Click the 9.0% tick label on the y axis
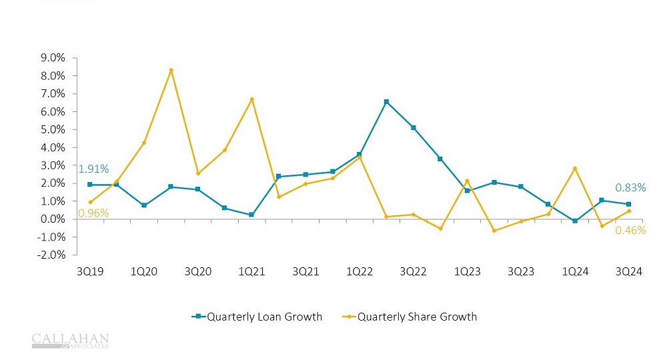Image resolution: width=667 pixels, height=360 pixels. pos(52,58)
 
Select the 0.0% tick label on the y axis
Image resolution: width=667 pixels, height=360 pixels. pos(52,219)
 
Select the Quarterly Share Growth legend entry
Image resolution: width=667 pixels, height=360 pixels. pos(417,317)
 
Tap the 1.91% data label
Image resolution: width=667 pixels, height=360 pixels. pos(93,169)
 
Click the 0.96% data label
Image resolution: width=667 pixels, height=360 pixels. pos(93,213)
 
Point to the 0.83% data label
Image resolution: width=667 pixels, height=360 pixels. pos(630,188)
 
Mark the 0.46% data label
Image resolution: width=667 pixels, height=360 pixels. pos(630,231)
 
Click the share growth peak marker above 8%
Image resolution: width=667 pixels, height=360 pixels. pos(171,70)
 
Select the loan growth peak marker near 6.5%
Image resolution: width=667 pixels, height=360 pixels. pos(386,102)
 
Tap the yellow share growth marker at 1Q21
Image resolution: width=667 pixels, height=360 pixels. pos(251,99)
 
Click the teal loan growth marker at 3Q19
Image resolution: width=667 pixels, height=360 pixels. pos(90,185)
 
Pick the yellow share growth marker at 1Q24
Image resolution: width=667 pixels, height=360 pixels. pos(575,168)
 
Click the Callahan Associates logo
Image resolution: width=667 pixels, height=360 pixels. pos(70,341)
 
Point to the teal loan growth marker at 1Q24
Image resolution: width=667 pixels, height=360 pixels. pos(575,221)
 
